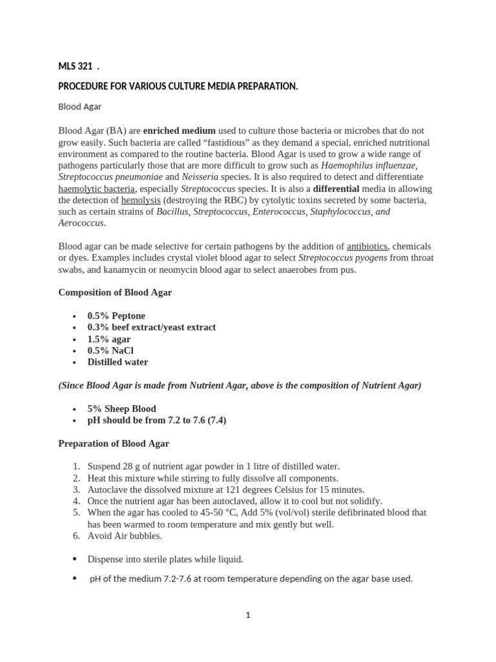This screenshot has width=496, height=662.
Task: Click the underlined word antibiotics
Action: pos(367,246)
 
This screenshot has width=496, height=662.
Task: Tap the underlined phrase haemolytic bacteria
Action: pos(97,188)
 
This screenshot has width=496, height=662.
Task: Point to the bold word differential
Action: pos(338,188)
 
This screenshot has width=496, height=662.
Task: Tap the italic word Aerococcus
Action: pos(81,223)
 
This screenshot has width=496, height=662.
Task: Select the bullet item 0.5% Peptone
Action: pos(116,315)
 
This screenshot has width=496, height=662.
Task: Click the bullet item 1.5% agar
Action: pos(108,339)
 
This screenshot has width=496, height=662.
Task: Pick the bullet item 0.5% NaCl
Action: pos(110,350)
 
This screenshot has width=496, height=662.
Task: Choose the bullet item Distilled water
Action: pos(118,362)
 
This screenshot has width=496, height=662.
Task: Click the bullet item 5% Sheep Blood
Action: pos(121,409)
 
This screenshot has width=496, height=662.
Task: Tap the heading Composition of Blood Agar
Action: pos(115,292)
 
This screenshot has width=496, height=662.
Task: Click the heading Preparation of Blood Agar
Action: pos(114,443)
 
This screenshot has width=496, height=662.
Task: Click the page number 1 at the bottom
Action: pos(247,615)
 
